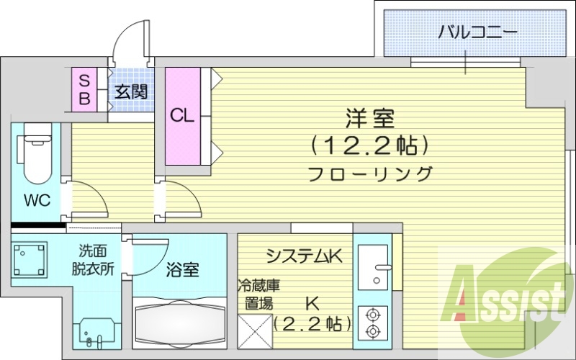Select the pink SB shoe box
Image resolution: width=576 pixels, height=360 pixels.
[84, 89]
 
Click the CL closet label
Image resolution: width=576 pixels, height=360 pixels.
[181, 115]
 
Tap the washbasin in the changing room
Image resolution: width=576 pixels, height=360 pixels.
[96, 332]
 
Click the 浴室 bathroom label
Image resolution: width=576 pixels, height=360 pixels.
[182, 270]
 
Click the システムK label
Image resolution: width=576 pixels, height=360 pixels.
[302, 256]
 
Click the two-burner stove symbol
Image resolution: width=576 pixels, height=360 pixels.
[373, 322]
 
